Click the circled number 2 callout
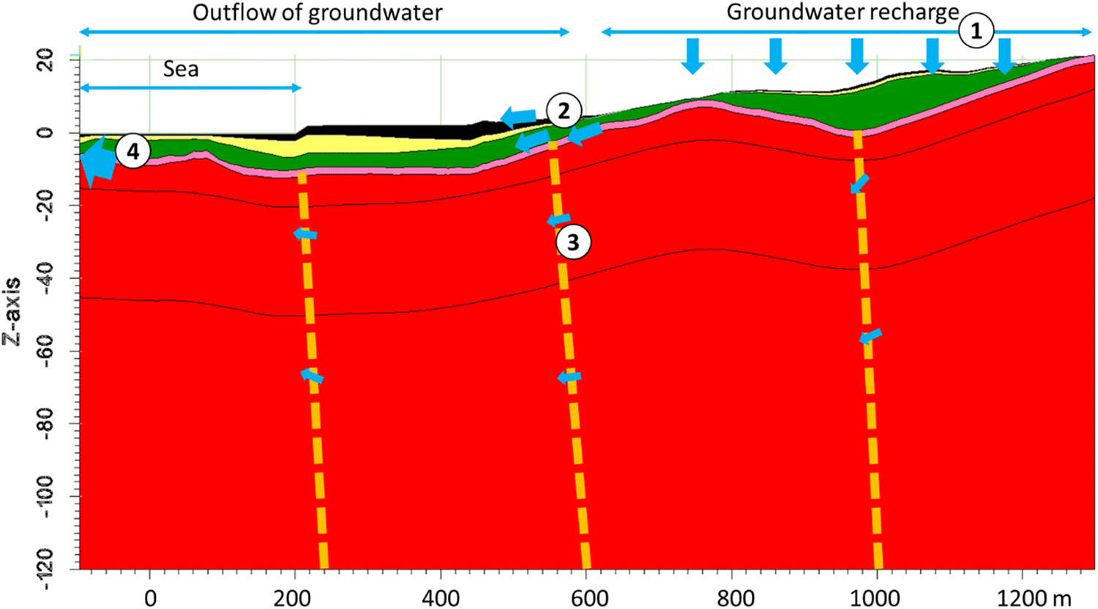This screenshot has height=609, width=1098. [563, 111]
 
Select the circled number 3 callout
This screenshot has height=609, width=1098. [572, 242]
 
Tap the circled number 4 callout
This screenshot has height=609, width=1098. [132, 152]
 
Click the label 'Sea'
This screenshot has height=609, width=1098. [180, 70]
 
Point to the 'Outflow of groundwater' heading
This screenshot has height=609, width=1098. [317, 12]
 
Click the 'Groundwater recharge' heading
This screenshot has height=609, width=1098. [842, 12]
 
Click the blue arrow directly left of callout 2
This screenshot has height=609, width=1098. [518, 116]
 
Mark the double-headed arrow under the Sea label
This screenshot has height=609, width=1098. [190, 89]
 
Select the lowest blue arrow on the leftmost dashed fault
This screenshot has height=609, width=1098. [312, 376]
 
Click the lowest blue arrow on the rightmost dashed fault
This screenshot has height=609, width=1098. [870, 337]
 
